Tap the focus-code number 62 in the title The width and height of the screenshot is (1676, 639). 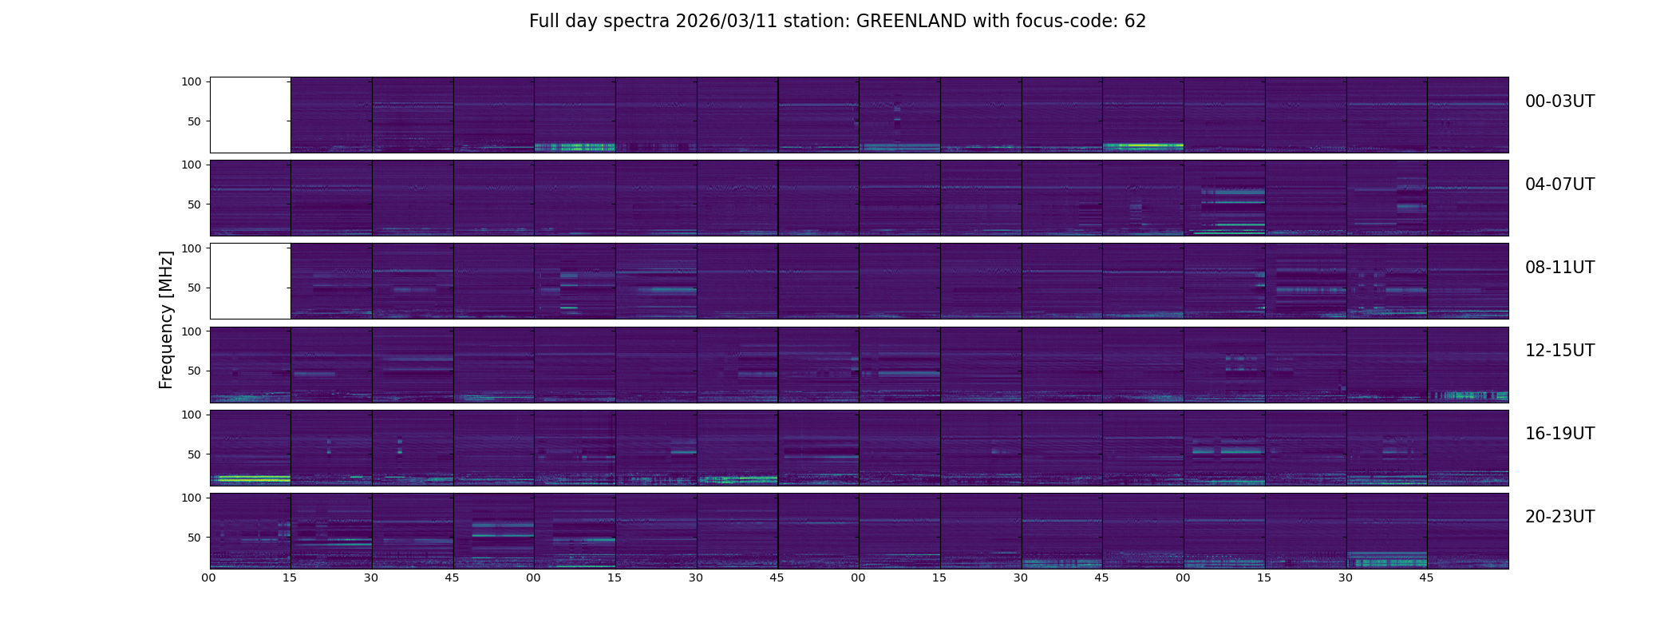coord(1135,22)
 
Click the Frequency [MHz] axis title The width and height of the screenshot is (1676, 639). coord(166,320)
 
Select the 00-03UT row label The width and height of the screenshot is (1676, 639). coord(1559,101)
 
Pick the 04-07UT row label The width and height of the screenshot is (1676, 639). coord(1559,185)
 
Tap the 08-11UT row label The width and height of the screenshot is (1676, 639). coord(1559,268)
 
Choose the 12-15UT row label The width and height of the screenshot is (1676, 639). coord(1559,351)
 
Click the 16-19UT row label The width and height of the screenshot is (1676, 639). coord(1559,434)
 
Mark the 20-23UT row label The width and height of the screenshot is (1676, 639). coord(1559,517)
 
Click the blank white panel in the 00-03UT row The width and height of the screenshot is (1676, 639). coord(250,114)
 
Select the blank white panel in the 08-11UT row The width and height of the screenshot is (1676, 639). coord(250,280)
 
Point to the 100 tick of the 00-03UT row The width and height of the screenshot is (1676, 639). coord(192,82)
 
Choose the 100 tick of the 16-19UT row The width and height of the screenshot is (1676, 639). coord(192,415)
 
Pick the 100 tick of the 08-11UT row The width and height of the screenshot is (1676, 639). coord(192,248)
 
